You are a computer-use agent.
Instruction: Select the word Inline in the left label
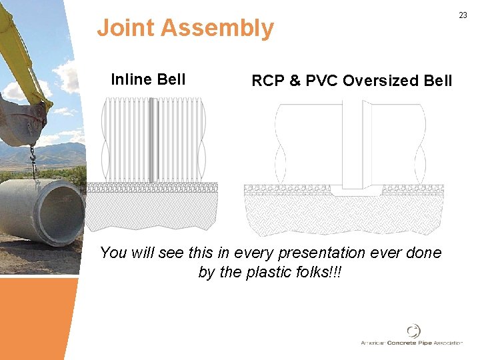pos(130,80)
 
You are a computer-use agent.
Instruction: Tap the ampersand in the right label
pos(295,81)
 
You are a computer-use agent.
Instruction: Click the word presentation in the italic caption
pos(347,253)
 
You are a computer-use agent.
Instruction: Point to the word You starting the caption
pos(113,253)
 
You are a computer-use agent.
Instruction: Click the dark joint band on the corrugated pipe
pos(153,140)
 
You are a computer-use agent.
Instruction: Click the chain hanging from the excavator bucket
pos(31,160)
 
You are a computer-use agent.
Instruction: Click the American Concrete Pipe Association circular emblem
pos(414,331)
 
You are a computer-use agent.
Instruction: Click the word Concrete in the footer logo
pos(403,343)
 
